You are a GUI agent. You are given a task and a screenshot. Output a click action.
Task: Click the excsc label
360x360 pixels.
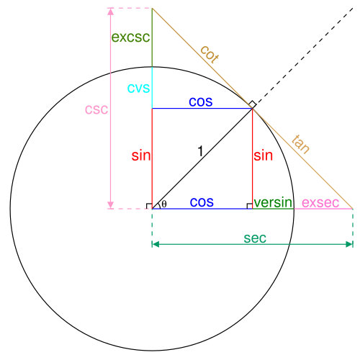click(x=130, y=37)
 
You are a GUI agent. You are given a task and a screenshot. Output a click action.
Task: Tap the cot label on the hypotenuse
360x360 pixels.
click(x=209, y=54)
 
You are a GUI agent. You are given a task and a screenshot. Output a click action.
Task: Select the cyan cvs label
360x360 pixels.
click(x=138, y=88)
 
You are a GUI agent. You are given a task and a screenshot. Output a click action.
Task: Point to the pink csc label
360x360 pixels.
click(x=96, y=109)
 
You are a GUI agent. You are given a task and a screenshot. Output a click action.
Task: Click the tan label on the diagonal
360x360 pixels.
click(x=301, y=144)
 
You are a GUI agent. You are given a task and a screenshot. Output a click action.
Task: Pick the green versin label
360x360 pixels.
click(x=273, y=202)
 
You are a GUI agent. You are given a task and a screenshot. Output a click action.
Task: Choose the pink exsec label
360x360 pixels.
click(x=320, y=202)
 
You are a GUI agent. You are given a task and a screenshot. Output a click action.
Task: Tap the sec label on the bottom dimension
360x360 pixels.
click(x=255, y=238)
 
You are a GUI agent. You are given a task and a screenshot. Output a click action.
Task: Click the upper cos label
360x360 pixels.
click(x=201, y=102)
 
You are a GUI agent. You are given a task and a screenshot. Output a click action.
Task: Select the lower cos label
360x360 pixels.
click(x=202, y=202)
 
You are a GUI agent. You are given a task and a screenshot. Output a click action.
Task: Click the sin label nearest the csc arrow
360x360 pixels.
click(x=141, y=156)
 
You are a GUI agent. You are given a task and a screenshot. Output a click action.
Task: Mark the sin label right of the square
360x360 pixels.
click(x=264, y=156)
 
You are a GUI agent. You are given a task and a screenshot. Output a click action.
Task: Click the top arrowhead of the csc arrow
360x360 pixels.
click(x=110, y=12)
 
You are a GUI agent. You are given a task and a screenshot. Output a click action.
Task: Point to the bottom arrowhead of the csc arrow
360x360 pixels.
click(x=110, y=205)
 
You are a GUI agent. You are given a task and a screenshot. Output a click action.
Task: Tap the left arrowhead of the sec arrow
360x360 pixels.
click(x=155, y=244)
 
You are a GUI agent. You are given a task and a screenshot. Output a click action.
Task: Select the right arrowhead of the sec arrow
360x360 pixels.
click(x=349, y=244)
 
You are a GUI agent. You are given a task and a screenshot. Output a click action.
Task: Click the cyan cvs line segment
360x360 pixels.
click(x=152, y=88)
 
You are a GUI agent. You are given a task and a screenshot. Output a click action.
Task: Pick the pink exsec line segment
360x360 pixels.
click(x=324, y=209)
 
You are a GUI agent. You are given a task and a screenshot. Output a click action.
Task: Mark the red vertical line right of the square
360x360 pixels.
click(x=253, y=158)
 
